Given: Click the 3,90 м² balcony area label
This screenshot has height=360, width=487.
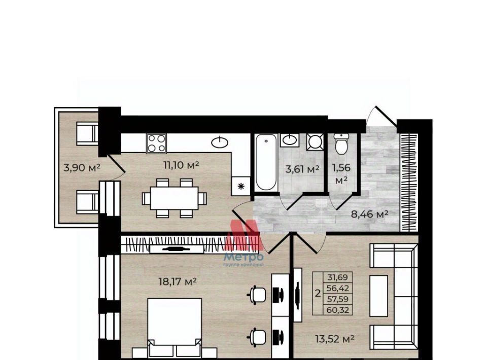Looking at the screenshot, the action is click(82, 168).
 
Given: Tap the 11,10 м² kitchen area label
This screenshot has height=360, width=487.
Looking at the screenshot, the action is click(181, 165).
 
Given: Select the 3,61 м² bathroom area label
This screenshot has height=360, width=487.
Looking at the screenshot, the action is click(302, 169).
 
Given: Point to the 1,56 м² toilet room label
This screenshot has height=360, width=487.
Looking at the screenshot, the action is click(341, 174).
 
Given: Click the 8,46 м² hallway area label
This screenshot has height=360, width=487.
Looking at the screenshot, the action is click(370, 214).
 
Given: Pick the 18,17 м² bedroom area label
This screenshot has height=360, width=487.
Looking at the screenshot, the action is click(178, 282).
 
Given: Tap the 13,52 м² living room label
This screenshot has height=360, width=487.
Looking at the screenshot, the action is click(335, 339).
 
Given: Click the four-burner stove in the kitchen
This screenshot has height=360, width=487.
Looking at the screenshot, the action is click(156, 143).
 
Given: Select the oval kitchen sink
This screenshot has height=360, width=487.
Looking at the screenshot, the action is click(220, 142).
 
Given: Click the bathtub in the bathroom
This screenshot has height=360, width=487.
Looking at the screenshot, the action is click(266, 162).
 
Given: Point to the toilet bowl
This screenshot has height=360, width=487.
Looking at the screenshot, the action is click(341, 144).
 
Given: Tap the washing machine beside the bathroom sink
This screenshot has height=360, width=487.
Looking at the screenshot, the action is click(315, 142).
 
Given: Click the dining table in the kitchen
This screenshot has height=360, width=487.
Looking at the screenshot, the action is click(174, 198).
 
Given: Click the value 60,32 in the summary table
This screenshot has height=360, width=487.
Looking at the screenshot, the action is click(338, 310).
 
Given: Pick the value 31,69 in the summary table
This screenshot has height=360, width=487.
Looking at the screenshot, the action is click(338, 277).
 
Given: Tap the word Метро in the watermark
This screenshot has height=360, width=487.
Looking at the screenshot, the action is click(243, 257).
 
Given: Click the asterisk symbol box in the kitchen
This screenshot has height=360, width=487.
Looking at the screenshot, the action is click(240, 186).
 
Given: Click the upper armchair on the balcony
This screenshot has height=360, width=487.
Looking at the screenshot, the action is click(87, 133).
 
